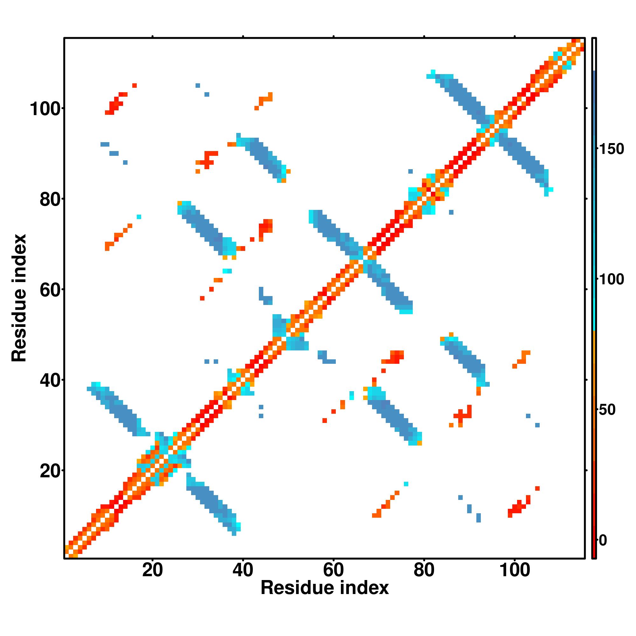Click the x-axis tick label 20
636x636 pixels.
click(152, 570)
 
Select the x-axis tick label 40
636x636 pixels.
click(243, 570)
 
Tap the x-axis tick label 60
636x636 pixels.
click(334, 570)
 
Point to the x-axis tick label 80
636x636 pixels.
click(424, 570)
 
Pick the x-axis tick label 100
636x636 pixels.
click(515, 570)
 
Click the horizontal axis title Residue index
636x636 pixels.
click(325, 588)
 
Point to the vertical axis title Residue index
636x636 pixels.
click(19, 298)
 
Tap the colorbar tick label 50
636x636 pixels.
click(607, 410)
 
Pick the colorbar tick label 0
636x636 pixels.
click(603, 540)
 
